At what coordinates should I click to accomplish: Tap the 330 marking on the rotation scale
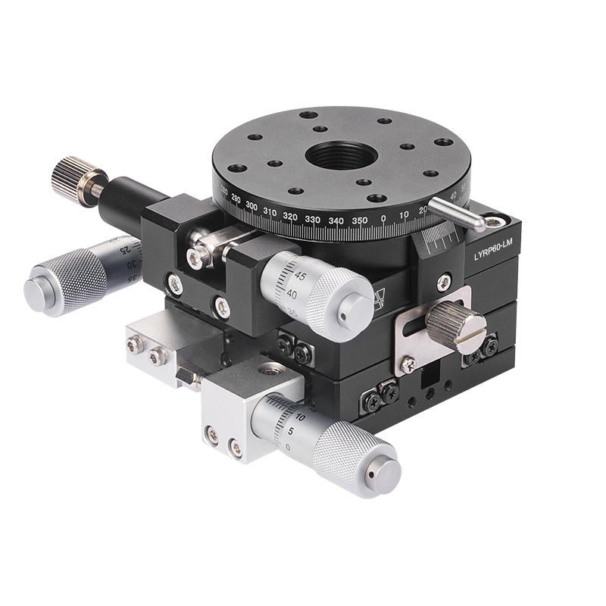(x=311, y=219)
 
